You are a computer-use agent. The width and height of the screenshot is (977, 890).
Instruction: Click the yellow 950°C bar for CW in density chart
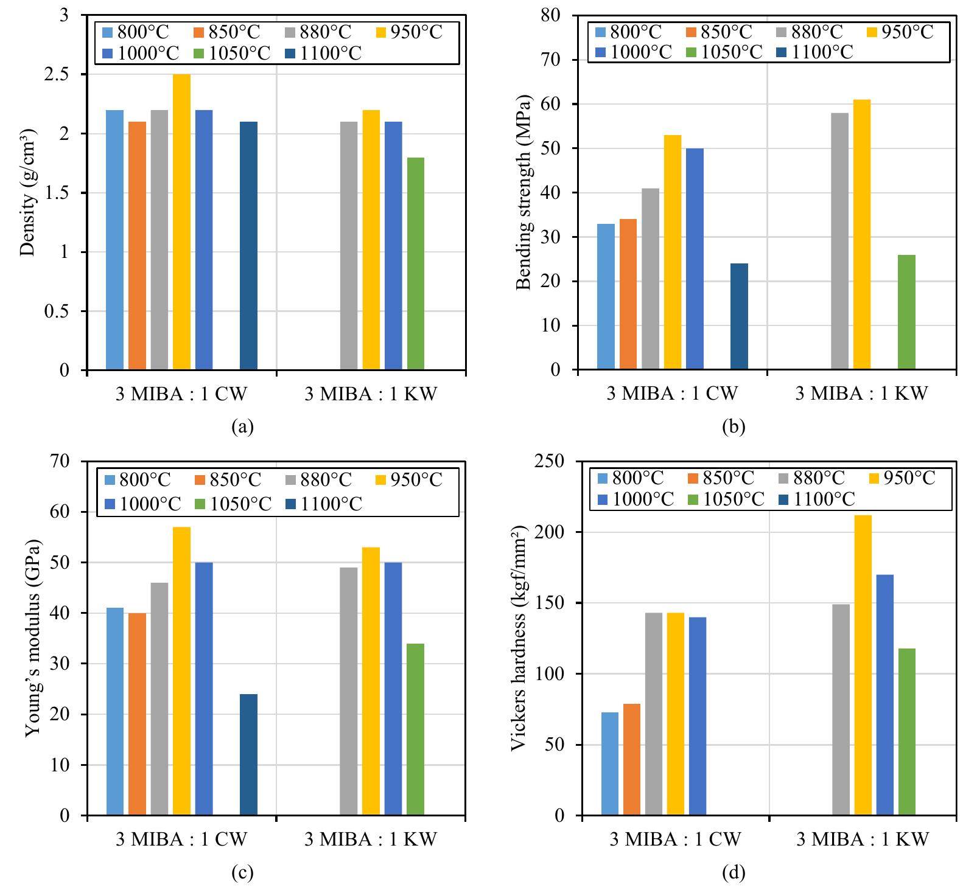(x=181, y=222)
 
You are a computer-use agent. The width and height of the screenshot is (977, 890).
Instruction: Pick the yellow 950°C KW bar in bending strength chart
(x=862, y=234)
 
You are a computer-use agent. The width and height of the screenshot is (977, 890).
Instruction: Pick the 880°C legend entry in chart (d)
(x=810, y=478)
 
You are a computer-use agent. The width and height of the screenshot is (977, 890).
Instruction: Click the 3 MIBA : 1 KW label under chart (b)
(x=861, y=394)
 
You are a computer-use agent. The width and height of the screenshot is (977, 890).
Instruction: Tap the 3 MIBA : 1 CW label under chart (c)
(x=182, y=840)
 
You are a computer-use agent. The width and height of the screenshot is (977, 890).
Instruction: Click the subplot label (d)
(x=734, y=874)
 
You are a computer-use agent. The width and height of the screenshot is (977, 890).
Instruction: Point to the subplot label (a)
(x=242, y=427)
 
